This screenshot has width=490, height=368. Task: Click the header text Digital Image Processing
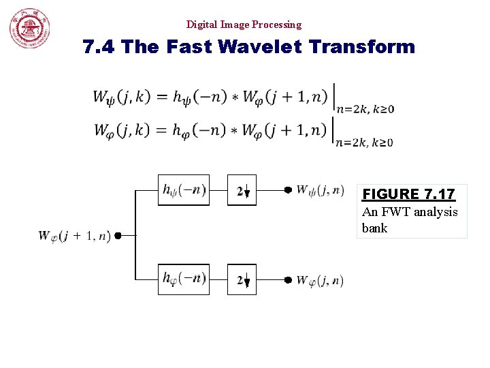(244, 25)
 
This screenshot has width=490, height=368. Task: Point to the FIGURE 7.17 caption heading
(409, 194)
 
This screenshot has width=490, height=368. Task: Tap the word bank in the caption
(374, 228)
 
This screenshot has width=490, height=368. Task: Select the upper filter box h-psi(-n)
(184, 190)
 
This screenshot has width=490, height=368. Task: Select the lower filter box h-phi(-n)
(184, 279)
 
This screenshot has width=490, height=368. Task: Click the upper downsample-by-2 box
(242, 191)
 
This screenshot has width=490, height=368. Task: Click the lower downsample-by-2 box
(242, 279)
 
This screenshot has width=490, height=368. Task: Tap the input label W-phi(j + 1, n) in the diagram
(74, 236)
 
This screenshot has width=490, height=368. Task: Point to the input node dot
(118, 236)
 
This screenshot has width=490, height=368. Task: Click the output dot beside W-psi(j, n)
(288, 190)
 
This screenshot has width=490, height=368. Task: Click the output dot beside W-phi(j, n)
(288, 279)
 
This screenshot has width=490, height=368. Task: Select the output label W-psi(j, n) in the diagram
(320, 190)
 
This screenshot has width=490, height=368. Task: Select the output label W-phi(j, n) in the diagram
(320, 280)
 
